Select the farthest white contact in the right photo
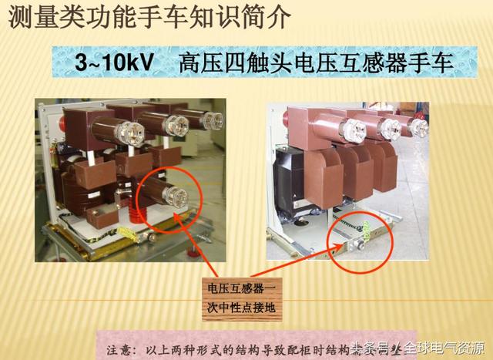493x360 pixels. tap(418, 123)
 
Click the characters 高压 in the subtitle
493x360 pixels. tap(196, 62)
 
